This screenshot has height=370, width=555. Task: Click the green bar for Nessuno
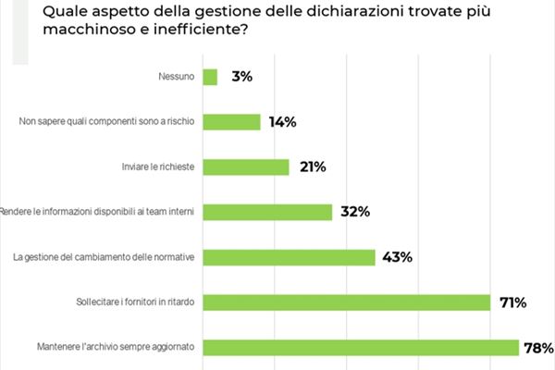tap(209, 78)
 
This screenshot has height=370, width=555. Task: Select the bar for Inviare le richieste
tap(245, 167)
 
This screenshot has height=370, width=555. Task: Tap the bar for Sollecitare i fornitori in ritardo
tap(345, 302)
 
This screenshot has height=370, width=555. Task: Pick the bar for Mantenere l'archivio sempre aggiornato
tap(360, 348)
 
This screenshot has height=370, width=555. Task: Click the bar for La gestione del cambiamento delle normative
tap(288, 257)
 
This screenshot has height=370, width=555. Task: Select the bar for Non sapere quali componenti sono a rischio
tap(230, 122)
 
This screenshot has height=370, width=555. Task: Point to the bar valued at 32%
tap(266, 212)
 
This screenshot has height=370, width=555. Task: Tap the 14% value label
tap(284, 122)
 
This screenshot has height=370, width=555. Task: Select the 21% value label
tap(313, 167)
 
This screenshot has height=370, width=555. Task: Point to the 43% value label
tap(398, 257)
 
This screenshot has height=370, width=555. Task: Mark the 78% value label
tap(538, 348)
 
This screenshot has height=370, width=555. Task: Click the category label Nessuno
tap(177, 78)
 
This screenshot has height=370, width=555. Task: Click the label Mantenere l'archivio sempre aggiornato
tap(105, 348)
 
